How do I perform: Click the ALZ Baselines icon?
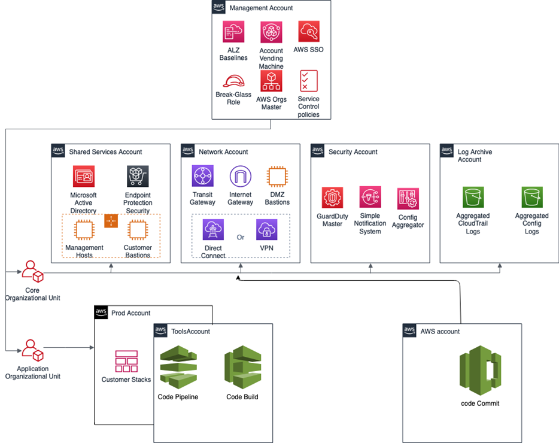pos(233,32)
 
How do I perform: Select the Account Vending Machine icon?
pos(271,32)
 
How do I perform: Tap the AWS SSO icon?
pos(309,32)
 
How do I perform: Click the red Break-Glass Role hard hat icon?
pos(233,80)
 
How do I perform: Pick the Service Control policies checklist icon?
pos(309,81)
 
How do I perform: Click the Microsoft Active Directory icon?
pos(83,177)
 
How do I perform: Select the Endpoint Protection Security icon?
pos(138,177)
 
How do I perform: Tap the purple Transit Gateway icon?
pos(203,177)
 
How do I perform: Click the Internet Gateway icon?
pos(241,177)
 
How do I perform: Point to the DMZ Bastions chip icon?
pos(277,177)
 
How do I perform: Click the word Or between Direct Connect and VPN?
pos(241,238)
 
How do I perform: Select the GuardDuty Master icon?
pos(332,198)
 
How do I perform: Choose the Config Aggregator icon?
pos(408,198)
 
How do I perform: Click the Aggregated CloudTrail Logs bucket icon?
pos(473,196)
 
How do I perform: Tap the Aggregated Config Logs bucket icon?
pos(531,196)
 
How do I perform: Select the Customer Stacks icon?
pos(126,362)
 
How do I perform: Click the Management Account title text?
pos(261,8)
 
